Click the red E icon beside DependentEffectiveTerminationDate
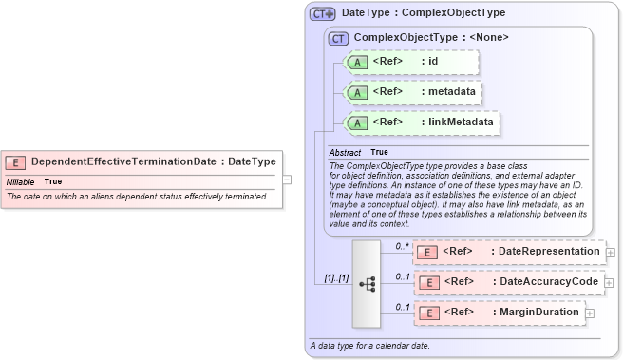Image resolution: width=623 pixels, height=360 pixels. tap(16, 161)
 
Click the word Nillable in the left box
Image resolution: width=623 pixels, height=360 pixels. tap(21, 181)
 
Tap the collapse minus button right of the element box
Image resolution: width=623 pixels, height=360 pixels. tap(286, 180)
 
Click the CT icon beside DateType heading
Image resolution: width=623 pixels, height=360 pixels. tap(323, 14)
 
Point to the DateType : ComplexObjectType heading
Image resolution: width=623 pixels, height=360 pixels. tap(423, 13)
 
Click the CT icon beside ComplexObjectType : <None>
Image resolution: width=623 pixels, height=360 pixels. tap(337, 38)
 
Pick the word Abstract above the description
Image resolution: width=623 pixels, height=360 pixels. tap(345, 152)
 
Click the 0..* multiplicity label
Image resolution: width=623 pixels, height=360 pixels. tap(401, 245)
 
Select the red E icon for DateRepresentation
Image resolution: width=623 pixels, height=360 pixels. tap(428, 252)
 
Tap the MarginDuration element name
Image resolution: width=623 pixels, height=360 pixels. tap(539, 312)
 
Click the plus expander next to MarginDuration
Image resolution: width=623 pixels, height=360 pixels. tap(588, 313)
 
